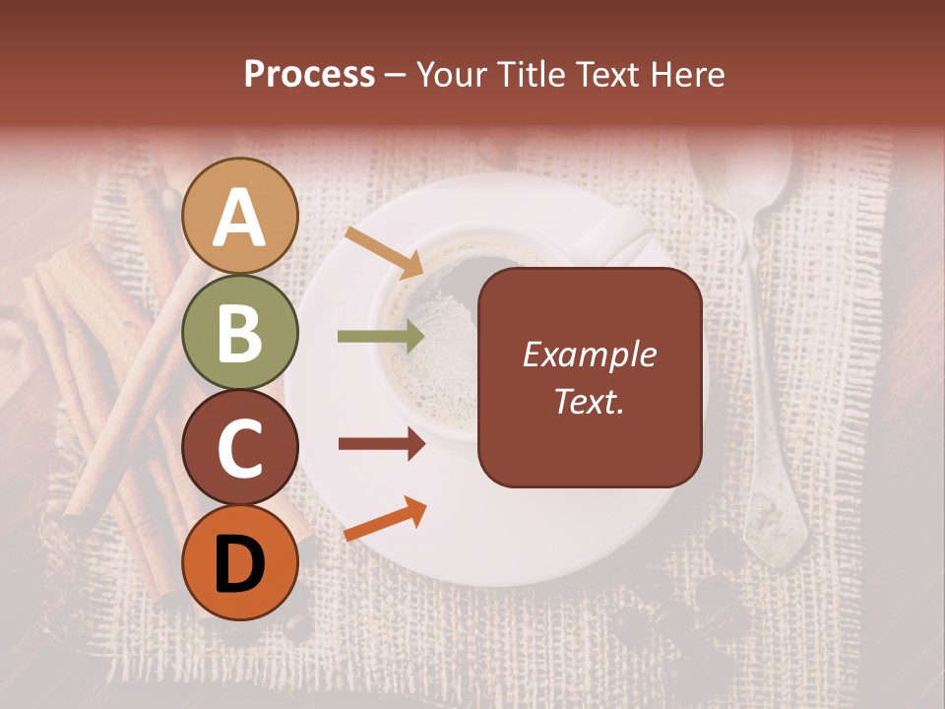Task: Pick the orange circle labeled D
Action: tap(240, 562)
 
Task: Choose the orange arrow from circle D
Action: tap(385, 520)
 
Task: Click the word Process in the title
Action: tap(309, 74)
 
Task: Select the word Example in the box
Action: tap(590, 354)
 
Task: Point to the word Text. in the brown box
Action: tap(590, 401)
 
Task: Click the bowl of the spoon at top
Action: tap(740, 167)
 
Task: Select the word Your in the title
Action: tap(452, 74)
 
